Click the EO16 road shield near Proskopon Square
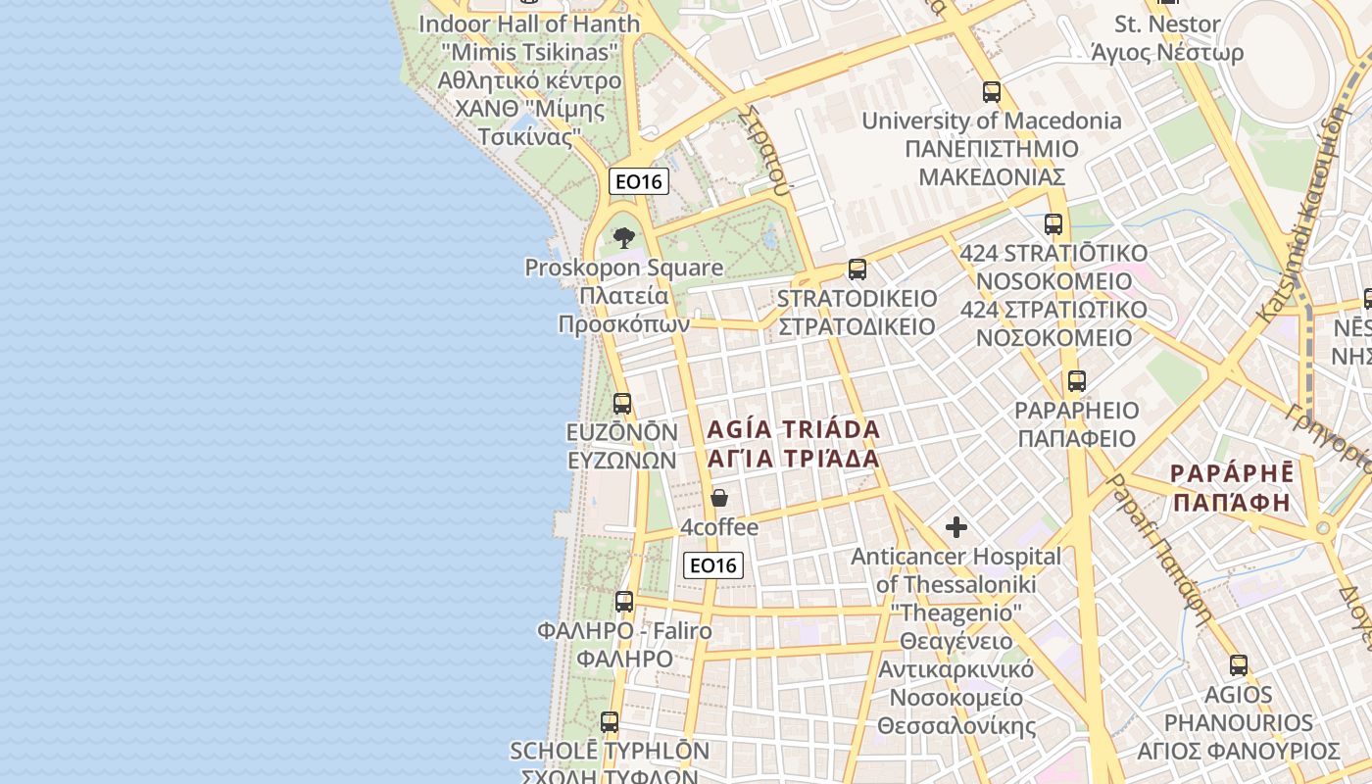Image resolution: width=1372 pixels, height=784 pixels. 638,181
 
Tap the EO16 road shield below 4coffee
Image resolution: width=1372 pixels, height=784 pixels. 712,564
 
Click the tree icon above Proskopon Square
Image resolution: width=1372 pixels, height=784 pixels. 623,237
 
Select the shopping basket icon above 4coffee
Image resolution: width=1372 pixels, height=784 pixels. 719,498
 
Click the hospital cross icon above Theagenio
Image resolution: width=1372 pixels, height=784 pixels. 955,527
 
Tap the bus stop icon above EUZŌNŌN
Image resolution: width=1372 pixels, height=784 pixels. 621,403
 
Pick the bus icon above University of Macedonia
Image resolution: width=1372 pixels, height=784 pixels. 992,92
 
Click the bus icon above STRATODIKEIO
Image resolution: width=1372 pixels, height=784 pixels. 857,269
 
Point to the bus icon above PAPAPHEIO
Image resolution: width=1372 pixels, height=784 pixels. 1076,381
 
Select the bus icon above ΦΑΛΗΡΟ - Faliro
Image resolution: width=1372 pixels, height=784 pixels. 624,601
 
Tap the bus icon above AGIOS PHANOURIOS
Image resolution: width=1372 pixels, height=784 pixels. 1239,665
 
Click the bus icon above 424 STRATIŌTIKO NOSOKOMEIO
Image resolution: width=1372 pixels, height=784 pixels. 1053,224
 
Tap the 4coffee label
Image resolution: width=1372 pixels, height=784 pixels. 719,527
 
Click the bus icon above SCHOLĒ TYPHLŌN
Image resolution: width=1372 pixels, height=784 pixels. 610,722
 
